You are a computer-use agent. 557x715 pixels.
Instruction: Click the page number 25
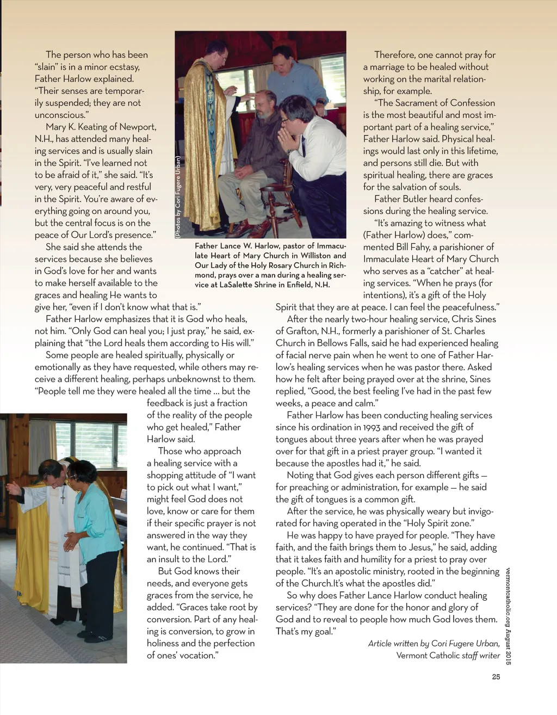[x=496, y=677]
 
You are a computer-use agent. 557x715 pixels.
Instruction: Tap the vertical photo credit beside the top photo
[x=178, y=196]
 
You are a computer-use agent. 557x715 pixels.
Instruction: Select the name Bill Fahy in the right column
[x=416, y=247]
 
